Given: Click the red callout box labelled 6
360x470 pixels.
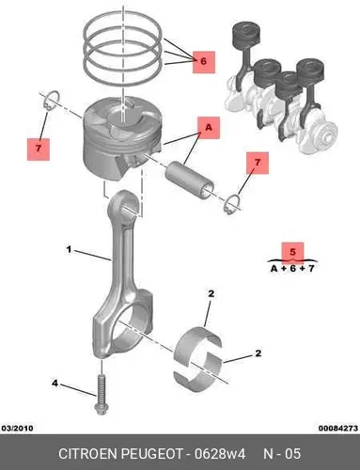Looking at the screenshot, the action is [204, 62].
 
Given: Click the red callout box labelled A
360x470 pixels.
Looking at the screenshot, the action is [209, 128].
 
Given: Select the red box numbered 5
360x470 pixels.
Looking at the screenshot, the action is [292, 253].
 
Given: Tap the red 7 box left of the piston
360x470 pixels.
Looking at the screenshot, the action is [39, 149].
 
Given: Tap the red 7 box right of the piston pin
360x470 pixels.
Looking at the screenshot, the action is [258, 163].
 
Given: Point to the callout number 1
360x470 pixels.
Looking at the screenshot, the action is [69, 250].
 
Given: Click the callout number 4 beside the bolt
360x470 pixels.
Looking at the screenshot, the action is [55, 383].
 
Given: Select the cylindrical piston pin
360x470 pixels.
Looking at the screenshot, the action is [190, 180].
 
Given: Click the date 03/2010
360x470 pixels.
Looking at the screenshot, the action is [17, 428].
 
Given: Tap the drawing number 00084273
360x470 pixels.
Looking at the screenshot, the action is [338, 428].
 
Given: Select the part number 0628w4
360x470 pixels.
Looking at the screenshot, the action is [220, 454].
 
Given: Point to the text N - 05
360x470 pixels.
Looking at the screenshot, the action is [282, 454].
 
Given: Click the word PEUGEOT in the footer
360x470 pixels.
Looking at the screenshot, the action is [151, 454].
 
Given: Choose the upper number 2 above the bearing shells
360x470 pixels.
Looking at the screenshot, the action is [211, 294].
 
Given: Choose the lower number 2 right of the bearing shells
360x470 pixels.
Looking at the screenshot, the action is [258, 353].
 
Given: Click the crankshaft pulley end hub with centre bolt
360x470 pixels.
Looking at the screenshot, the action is [325, 137].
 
